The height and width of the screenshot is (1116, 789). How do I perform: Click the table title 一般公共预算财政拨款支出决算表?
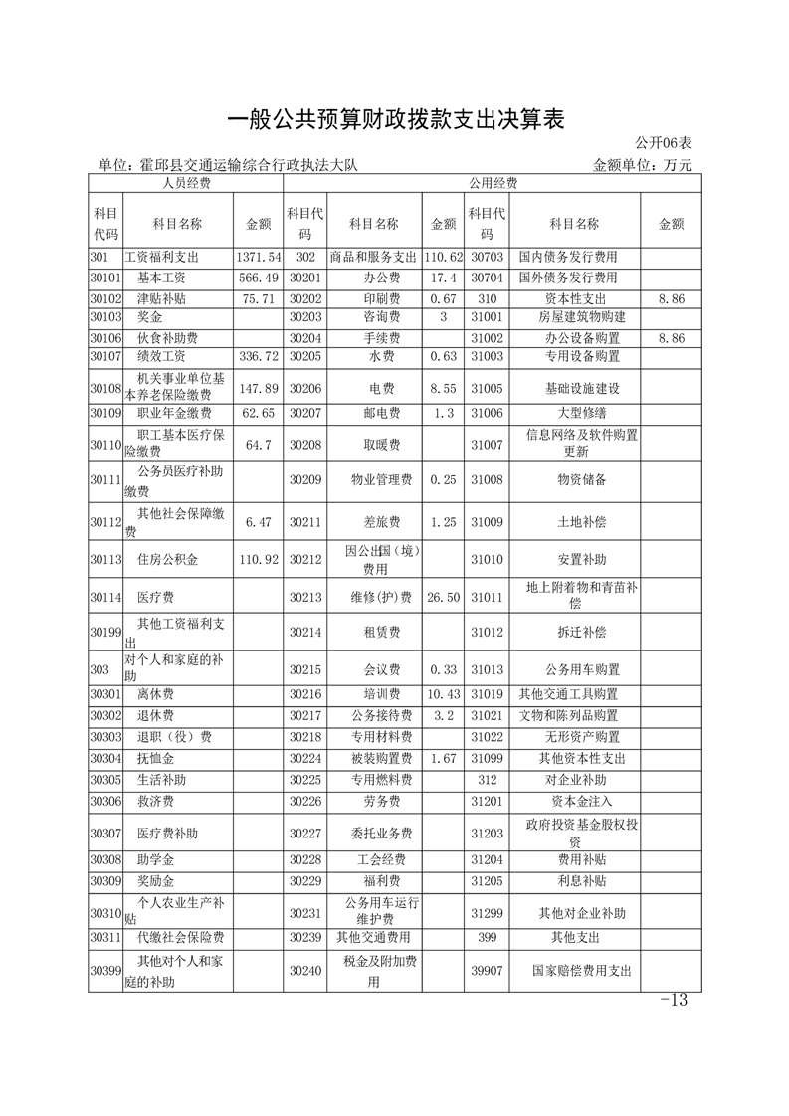pos(395,120)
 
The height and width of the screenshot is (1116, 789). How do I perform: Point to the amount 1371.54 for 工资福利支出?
pos(258,258)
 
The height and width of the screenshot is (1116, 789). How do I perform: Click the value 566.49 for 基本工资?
pos(258,278)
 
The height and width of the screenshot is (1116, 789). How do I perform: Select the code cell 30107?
pos(104,356)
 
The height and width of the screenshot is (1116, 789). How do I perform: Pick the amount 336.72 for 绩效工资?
pos(258,356)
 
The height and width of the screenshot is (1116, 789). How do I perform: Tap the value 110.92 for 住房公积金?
pos(258,560)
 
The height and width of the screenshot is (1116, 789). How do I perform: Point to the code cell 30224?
pos(305,758)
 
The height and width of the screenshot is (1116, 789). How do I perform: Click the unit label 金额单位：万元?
pos(642,165)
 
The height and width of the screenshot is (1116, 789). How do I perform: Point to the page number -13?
pos(674,1000)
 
